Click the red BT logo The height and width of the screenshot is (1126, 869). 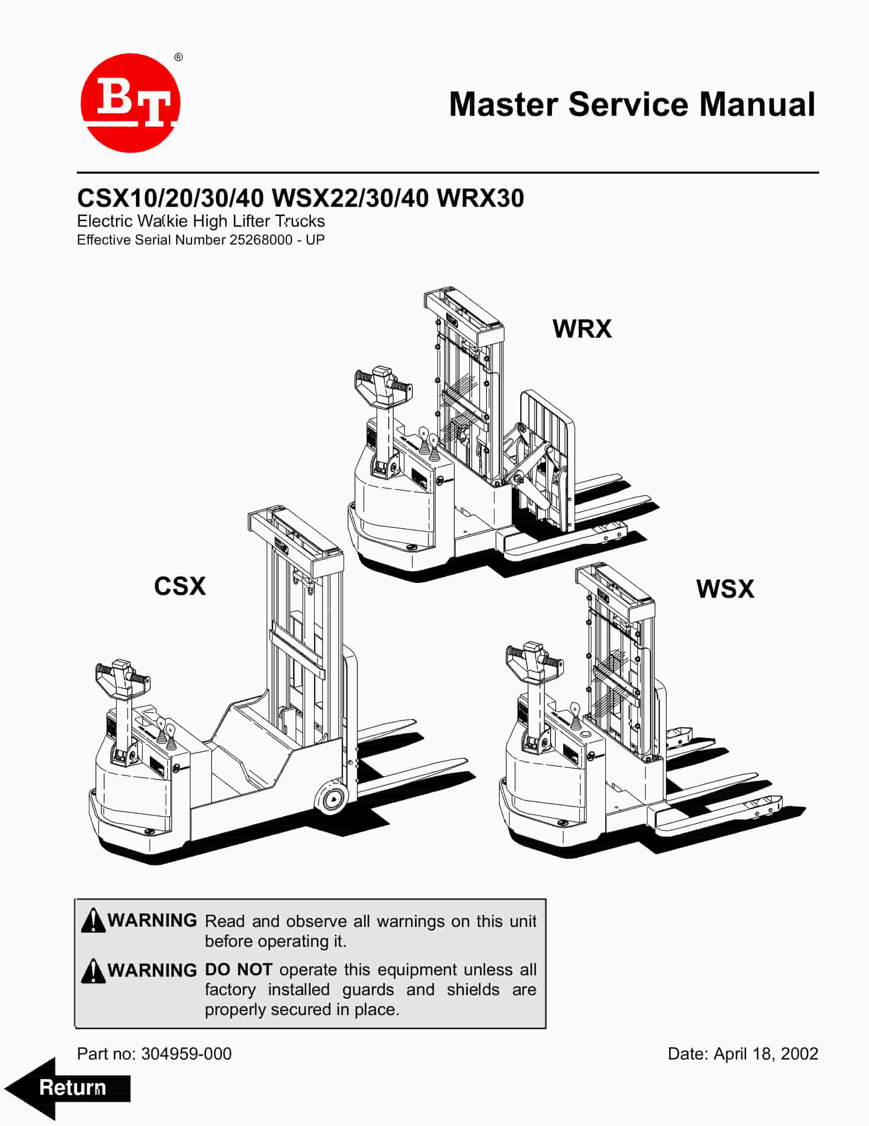tap(130, 103)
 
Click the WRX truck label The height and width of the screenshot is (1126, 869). tap(582, 329)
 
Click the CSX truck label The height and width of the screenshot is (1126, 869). tap(180, 586)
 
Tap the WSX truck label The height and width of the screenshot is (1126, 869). tap(725, 589)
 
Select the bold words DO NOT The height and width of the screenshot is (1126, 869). tap(238, 970)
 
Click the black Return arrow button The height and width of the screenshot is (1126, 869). tap(67, 1088)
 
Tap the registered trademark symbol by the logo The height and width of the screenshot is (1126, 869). tap(178, 57)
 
